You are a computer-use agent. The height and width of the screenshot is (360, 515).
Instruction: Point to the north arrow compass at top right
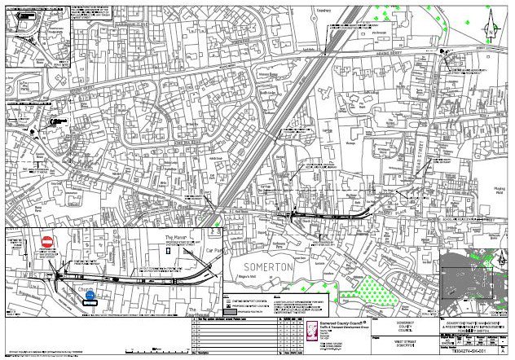coord(500,14)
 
